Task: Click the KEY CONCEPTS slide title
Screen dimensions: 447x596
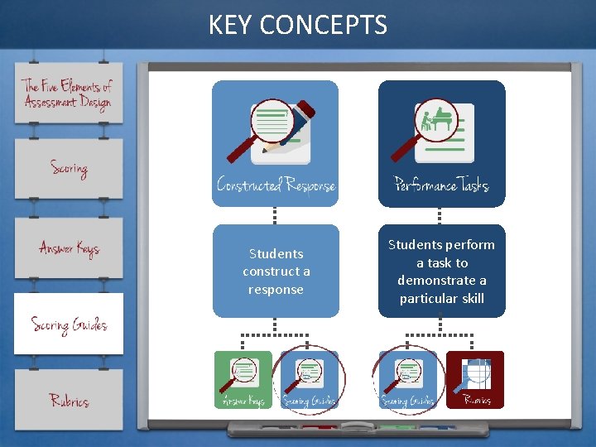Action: [x=298, y=25]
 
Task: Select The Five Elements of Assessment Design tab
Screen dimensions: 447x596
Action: [x=68, y=94]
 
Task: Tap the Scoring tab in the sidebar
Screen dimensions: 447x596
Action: [x=69, y=169]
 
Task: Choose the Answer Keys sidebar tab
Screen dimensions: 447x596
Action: [x=69, y=248]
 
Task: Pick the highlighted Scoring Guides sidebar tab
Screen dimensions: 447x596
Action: [x=69, y=324]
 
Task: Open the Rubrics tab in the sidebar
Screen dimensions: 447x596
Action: [x=69, y=401]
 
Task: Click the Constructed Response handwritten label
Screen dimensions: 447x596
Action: [x=276, y=185]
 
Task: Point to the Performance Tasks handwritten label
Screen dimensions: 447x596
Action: [x=441, y=185]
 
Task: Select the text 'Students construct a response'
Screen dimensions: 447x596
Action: [x=276, y=272]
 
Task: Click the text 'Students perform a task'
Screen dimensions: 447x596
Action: [x=441, y=254]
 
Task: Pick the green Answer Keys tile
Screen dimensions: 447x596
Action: [x=243, y=380]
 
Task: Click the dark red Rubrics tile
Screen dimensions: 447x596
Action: [x=475, y=380]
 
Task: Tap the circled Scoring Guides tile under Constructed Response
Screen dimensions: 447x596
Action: [x=309, y=380]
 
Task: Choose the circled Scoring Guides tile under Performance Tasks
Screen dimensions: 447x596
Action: [x=408, y=380]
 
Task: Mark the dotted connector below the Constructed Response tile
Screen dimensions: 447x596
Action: [x=276, y=215]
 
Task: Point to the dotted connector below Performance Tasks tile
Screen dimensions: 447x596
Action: [x=441, y=215]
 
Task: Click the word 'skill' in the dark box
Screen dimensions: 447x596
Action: [x=469, y=298]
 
